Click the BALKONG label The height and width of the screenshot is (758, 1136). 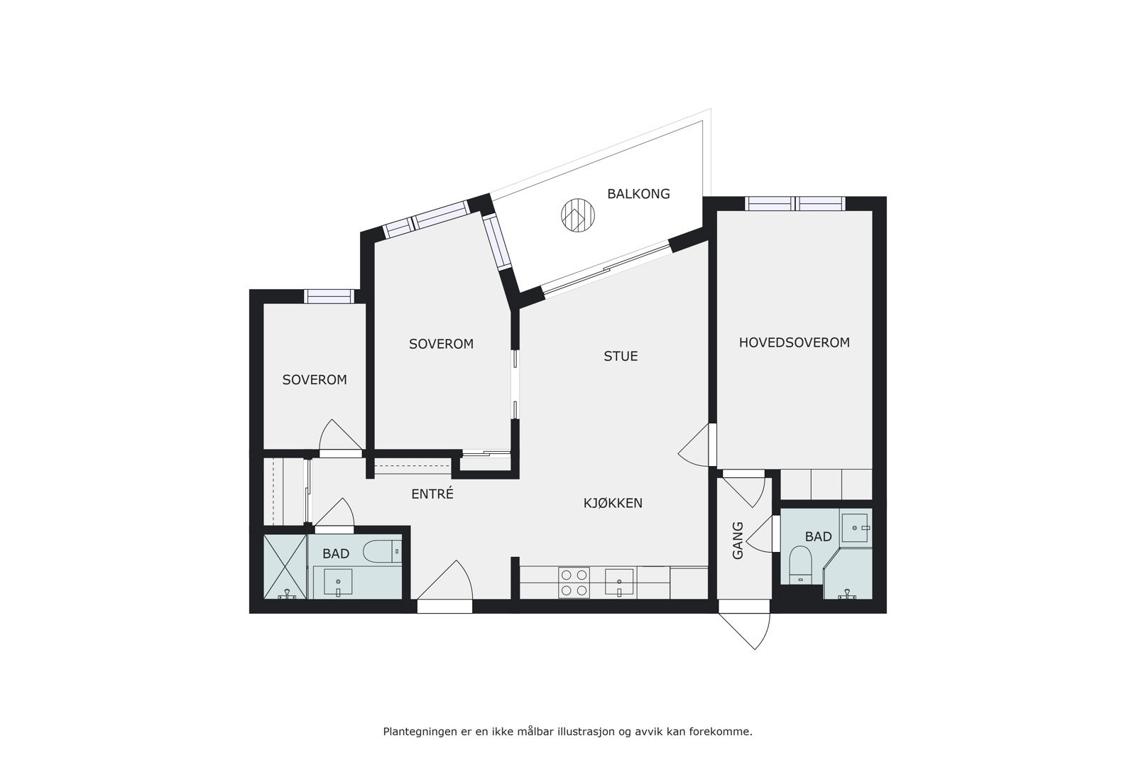[638, 194]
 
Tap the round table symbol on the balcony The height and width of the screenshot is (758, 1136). [577, 214]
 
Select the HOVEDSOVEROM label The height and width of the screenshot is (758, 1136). [794, 342]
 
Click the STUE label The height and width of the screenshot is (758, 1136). [621, 356]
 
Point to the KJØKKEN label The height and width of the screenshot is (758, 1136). [613, 503]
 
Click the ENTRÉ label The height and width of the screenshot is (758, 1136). [432, 494]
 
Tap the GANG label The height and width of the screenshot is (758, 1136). [738, 540]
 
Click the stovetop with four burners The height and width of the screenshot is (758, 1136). [574, 582]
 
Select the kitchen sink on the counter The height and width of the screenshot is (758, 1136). [620, 582]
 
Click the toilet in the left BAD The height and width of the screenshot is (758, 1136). [381, 551]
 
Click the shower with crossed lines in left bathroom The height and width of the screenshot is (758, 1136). [285, 566]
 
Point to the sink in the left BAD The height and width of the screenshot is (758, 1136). [338, 582]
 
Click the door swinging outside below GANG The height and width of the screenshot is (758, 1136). [747, 625]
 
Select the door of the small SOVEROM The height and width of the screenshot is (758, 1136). [339, 438]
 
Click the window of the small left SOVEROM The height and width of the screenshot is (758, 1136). [329, 296]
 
